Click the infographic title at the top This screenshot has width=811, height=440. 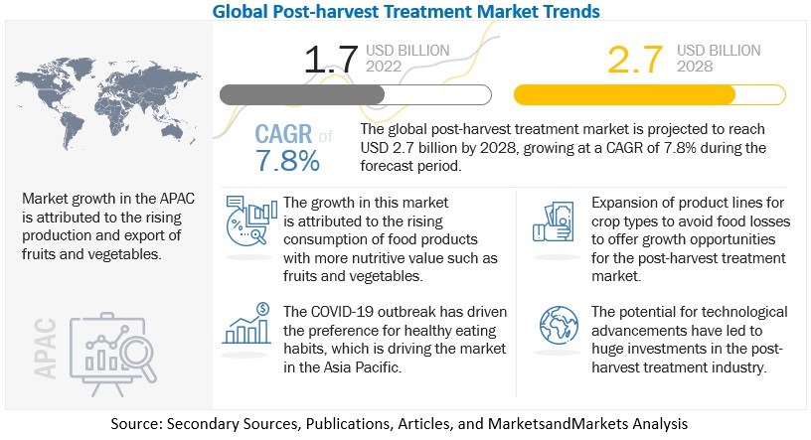pyautogui.click(x=406, y=12)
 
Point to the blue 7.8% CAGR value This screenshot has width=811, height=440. pyautogui.click(x=287, y=159)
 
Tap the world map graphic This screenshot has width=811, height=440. pyautogui.click(x=99, y=88)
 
